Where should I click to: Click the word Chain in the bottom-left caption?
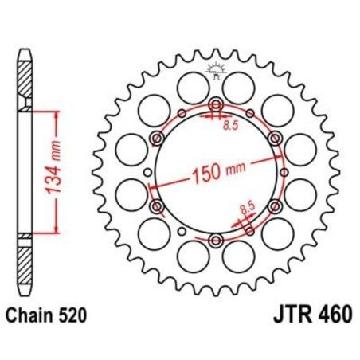tap(29, 315)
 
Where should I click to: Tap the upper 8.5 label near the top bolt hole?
tap(231, 124)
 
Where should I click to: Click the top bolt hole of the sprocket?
tap(216, 105)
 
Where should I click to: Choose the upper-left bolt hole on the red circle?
tap(157, 139)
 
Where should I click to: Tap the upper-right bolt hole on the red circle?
tap(275, 139)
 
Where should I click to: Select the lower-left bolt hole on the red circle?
tap(157, 208)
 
